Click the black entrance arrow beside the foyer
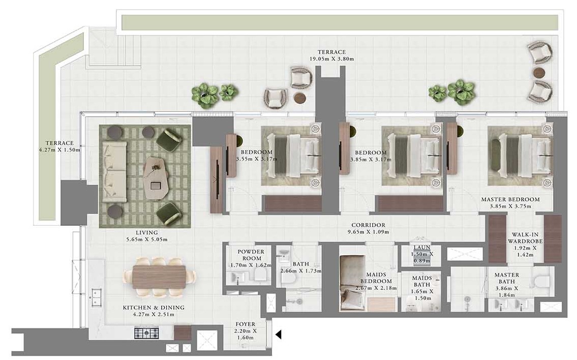(278, 334)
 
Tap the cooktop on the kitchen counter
(146, 333)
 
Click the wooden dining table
(159, 277)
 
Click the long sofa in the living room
(115, 171)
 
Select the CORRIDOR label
(368, 225)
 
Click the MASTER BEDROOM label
(510, 199)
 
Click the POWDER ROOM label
(251, 255)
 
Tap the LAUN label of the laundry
(422, 248)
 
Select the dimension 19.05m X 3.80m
(331, 59)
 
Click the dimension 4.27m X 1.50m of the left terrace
(59, 150)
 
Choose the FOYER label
(246, 324)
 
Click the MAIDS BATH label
(421, 281)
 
